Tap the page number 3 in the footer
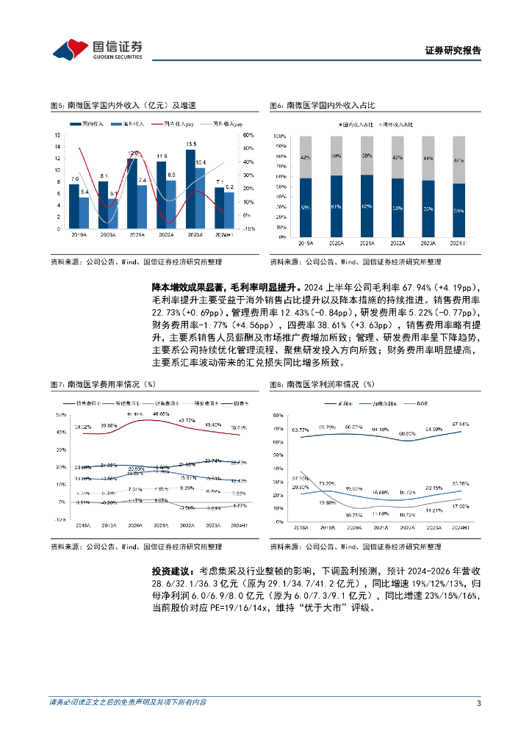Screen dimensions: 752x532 point(478,703)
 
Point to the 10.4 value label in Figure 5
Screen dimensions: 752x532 point(201,162)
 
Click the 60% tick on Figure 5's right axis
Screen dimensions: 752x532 point(248,136)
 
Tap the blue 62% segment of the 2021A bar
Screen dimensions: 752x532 point(366,206)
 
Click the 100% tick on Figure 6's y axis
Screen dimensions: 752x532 point(278,136)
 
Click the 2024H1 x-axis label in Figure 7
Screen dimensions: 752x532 point(239,525)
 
